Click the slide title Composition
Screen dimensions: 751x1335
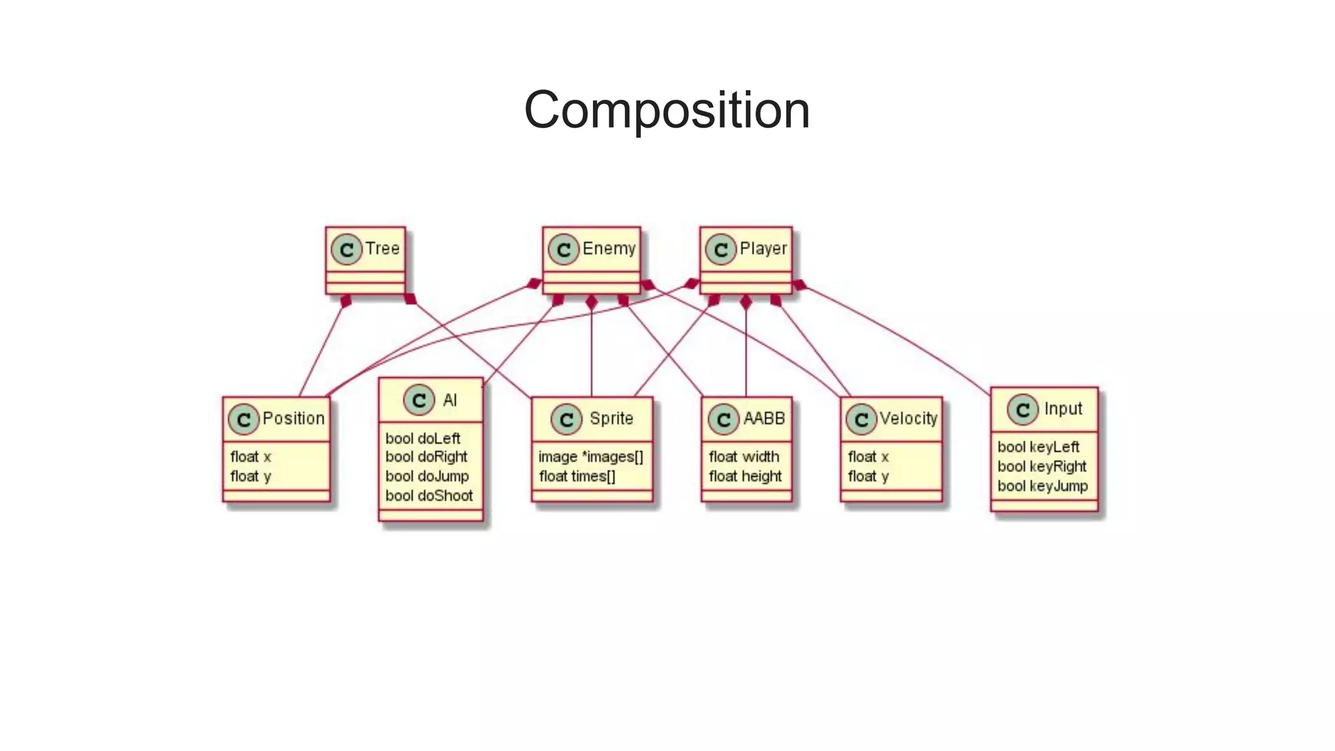[667, 110]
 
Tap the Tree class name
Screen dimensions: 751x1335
[382, 248]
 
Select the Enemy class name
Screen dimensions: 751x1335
[609, 248]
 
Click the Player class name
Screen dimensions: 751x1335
[763, 248]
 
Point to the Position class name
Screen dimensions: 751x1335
[293, 419]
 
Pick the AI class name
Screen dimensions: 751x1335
[450, 400]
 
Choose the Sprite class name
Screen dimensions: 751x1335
[611, 419]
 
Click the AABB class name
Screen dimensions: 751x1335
[764, 419]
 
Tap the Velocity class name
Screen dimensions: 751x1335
[908, 419]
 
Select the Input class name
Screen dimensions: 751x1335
[1063, 409]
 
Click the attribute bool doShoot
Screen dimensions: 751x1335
[429, 496]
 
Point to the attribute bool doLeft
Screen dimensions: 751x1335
[422, 439]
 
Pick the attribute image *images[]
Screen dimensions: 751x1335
[591, 457]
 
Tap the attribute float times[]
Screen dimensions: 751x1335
[577, 477]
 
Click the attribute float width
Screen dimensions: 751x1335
[744, 457]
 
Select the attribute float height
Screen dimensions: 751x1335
[745, 477]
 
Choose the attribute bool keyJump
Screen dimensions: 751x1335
[1042, 486]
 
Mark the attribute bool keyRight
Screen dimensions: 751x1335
[1042, 467]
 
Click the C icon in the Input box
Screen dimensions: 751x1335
[1022, 409]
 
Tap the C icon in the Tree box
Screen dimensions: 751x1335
[346, 249]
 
